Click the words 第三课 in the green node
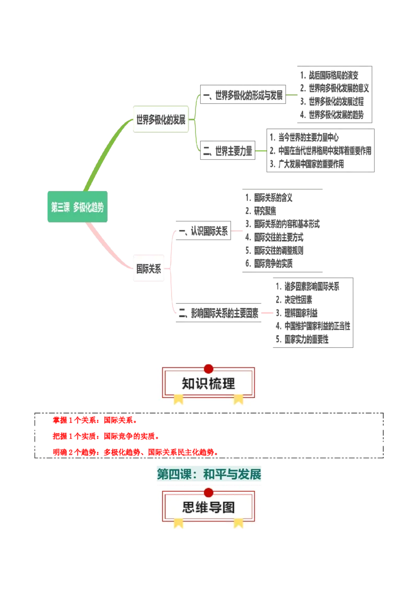click(x=60, y=207)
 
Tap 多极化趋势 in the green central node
click(x=88, y=207)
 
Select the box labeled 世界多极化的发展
click(x=160, y=120)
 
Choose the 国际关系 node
click(x=149, y=269)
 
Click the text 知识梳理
click(x=208, y=384)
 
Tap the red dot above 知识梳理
click(x=208, y=369)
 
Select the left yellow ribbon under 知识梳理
click(x=179, y=399)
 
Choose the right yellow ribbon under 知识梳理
click(x=238, y=399)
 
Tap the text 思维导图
click(x=208, y=507)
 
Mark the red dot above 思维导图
click(x=208, y=492)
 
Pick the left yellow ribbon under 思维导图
click(x=179, y=523)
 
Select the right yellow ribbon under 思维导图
click(x=238, y=523)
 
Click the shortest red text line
click(x=94, y=420)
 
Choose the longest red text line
click(x=134, y=451)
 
